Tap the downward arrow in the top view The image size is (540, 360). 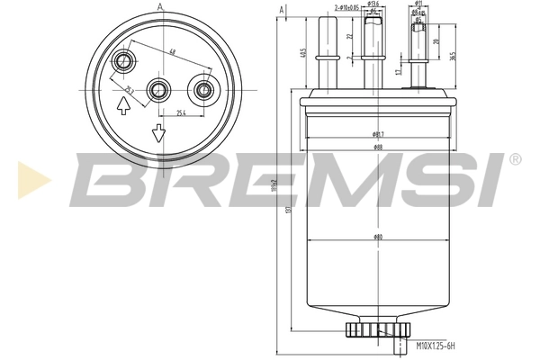click(x=158, y=134)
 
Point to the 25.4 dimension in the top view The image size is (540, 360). click(x=181, y=113)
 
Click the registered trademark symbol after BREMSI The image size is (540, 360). click(x=515, y=159)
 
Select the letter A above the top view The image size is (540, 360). click(x=160, y=7)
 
